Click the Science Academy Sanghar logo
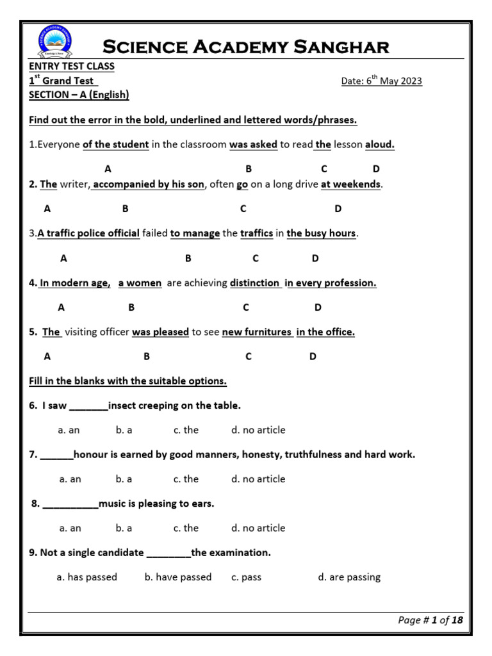click(x=55, y=44)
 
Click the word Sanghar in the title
click(x=338, y=47)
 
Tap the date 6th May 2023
click(x=381, y=81)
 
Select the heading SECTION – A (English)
click(x=79, y=95)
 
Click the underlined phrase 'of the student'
click(x=116, y=145)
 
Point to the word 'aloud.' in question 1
click(x=380, y=145)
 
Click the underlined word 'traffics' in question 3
click(x=256, y=234)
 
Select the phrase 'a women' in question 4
click(x=140, y=283)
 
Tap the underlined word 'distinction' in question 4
click(x=255, y=283)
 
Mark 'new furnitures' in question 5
click(x=257, y=332)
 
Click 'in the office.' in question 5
click(x=325, y=332)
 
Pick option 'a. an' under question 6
click(x=69, y=430)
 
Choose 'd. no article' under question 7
click(x=258, y=479)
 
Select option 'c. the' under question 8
click(x=186, y=529)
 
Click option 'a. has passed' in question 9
click(x=87, y=577)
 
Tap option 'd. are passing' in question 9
click(x=349, y=577)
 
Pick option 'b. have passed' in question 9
click(x=178, y=577)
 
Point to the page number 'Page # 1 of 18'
click(x=430, y=620)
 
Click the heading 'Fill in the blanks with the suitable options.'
click(x=128, y=381)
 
